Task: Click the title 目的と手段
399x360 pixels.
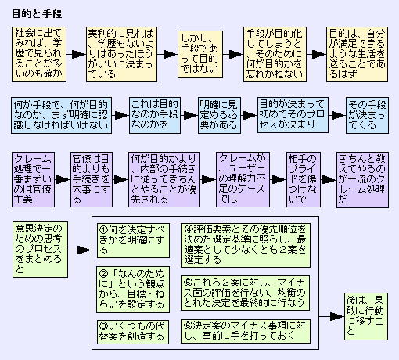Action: [x=37, y=14]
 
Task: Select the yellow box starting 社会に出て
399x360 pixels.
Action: [x=39, y=54]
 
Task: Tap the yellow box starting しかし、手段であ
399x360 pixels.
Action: [x=200, y=54]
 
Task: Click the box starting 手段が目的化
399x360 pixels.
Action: [x=275, y=54]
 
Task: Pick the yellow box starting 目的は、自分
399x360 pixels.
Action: [x=357, y=54]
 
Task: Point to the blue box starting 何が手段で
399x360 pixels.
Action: [x=61, y=115]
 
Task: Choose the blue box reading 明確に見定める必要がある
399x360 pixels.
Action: [x=219, y=115]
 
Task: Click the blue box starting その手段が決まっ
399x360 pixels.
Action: [x=367, y=115]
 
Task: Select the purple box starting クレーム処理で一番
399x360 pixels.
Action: [x=33, y=179]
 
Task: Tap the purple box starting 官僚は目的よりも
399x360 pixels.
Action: [x=92, y=179]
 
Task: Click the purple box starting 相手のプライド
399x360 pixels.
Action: [x=304, y=179]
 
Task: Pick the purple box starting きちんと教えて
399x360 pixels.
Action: [x=362, y=179]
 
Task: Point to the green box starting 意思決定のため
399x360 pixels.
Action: [x=40, y=250]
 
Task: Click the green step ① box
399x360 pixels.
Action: [x=133, y=240]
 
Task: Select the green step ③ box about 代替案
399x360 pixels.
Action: [x=133, y=332]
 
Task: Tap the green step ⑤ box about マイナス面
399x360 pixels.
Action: [x=246, y=293]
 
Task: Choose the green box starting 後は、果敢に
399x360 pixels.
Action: [x=366, y=316]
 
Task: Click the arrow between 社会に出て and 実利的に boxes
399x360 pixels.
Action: [x=77, y=54]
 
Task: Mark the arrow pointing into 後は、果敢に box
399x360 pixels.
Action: [x=332, y=317]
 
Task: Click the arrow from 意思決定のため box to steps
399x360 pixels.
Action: [x=80, y=250]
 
